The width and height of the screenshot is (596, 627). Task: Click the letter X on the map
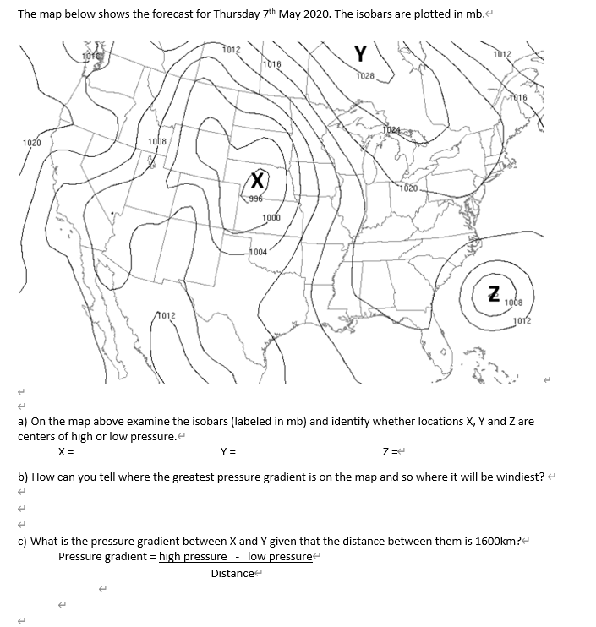click(x=258, y=179)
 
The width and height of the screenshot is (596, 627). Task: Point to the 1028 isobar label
click(x=365, y=76)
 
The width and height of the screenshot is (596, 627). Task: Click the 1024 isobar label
click(x=391, y=129)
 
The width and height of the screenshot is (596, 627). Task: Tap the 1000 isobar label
click(x=271, y=218)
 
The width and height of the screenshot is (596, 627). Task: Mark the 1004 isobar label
click(x=259, y=252)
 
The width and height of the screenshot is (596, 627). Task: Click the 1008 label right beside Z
click(x=515, y=302)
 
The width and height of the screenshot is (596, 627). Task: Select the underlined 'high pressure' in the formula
click(x=193, y=556)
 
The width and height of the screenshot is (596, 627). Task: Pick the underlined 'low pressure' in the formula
click(x=279, y=556)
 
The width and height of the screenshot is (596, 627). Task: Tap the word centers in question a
click(x=38, y=437)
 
